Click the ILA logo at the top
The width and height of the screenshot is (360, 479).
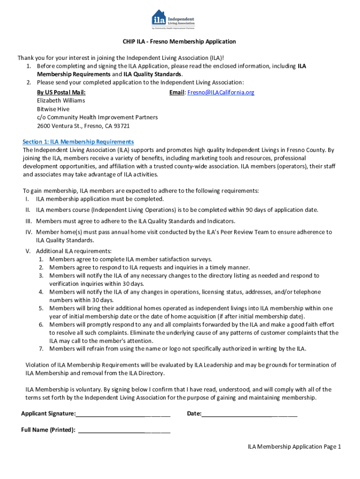pos(173,19)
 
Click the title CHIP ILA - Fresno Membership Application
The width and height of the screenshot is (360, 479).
pos(180,42)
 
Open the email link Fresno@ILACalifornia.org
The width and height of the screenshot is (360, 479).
pos(221,93)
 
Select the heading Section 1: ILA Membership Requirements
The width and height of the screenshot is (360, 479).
pos(79,142)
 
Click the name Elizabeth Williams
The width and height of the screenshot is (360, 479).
pos(61,101)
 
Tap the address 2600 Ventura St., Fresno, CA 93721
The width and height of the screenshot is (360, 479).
pos(83,126)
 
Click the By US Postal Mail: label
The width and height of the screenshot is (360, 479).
pos(61,93)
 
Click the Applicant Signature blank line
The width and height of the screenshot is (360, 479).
pos(123,414)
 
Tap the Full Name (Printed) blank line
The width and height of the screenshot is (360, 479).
pos(124,430)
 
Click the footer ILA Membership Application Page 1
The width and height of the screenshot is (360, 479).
pos(294,447)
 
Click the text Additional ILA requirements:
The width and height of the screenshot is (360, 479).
pos(74,251)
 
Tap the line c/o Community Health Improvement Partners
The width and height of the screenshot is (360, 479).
pos(97,117)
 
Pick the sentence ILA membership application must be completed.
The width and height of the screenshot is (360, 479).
pos(100,199)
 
